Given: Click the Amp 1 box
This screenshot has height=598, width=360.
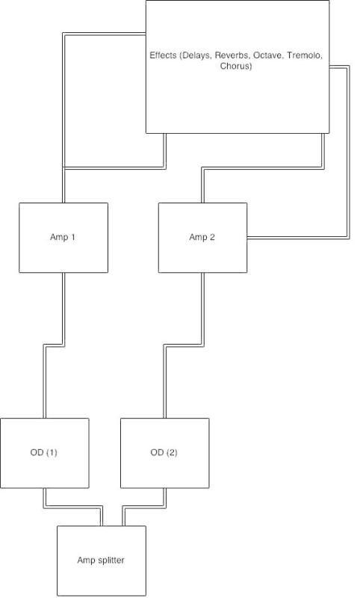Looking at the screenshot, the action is click(63, 238).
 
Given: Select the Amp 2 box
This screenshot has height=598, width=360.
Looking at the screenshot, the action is click(202, 238).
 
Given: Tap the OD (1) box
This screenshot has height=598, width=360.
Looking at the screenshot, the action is click(45, 453).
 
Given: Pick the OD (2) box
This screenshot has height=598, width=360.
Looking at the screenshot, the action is click(164, 453).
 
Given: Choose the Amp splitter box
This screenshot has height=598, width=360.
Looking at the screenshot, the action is click(102, 561).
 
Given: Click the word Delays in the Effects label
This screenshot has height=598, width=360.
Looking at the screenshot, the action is click(196, 55).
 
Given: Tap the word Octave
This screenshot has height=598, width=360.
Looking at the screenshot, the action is click(269, 55).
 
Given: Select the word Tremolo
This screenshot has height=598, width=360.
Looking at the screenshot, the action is click(305, 55).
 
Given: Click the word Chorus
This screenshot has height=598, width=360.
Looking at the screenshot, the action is click(236, 66).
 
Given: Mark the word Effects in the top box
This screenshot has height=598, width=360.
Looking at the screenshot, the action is click(163, 55).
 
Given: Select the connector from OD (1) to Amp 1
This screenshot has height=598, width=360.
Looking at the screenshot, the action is click(54, 345).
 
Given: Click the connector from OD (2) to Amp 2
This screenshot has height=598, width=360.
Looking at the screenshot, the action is click(184, 345).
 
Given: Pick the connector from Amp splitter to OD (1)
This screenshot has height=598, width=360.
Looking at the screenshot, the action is click(73, 507).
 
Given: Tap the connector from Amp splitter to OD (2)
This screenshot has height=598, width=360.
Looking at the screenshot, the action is click(144, 507).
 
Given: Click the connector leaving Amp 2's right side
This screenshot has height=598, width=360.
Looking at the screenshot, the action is click(348, 152).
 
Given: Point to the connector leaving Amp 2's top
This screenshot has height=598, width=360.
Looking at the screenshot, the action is click(263, 167).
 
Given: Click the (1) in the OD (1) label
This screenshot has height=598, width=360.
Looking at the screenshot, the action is click(52, 453).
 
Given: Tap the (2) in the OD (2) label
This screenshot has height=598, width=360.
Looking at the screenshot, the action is click(172, 453).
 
